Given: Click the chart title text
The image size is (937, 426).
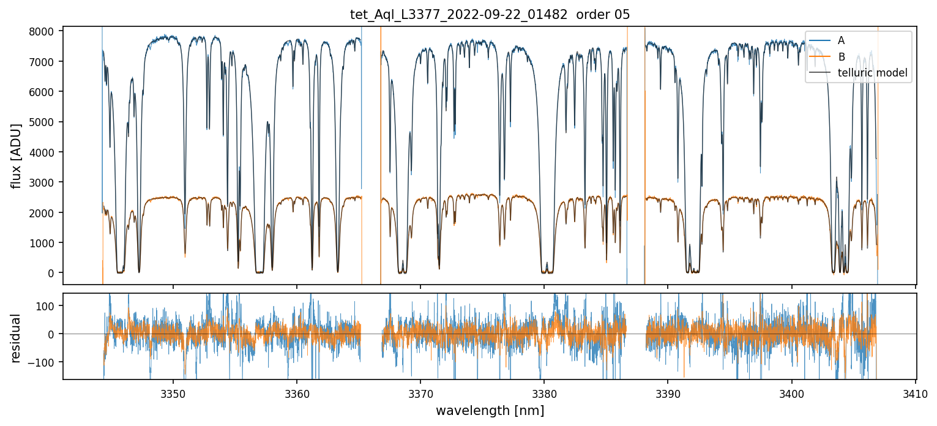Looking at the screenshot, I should pos(490,15).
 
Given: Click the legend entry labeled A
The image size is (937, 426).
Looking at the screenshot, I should pos(841,40).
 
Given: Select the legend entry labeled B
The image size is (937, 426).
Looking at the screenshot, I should pos(841,57).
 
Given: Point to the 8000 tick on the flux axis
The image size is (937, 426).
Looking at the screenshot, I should pos(44,31).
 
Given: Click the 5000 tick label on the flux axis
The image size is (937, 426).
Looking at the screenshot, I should pos(44,122).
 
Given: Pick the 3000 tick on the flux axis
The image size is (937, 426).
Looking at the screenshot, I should pos(44,182).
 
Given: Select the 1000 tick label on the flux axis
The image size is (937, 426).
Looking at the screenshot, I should pos(44,243).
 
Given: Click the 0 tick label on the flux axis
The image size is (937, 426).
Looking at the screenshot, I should pos(51,273).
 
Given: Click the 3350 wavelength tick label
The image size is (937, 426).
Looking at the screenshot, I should pos(173,392).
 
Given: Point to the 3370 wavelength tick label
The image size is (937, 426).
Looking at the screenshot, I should pos(420,392).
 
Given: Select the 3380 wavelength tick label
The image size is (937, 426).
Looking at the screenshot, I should pos(544,392).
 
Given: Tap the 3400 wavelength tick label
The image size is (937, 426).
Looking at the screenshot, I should pos(792,392).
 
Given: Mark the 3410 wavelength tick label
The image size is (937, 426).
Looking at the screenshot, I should pos(916,392).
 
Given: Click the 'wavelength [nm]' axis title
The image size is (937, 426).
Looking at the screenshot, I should pos(490,411).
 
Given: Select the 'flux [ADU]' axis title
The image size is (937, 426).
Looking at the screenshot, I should pos(17,155).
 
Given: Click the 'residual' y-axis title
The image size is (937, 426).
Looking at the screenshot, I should pos(17,338).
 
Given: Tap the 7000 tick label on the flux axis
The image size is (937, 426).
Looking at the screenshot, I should pos(44,61).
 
